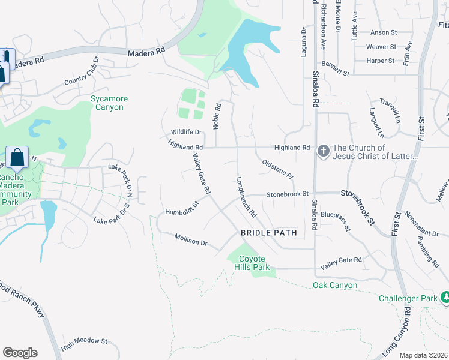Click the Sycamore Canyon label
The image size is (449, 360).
[x=107, y=103]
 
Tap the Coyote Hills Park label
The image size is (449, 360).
[x=252, y=263]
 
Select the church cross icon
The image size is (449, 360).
[x=323, y=151]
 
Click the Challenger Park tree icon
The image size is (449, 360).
[x=445, y=297]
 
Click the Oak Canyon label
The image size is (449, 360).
[x=335, y=285]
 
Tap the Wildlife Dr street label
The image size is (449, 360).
[x=185, y=131]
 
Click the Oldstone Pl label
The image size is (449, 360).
[x=277, y=169]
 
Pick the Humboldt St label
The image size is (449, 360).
[x=182, y=208]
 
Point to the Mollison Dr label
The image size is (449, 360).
[x=191, y=240]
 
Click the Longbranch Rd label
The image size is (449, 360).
[x=246, y=196]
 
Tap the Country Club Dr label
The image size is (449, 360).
[x=81, y=72]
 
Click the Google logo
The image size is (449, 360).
[x=20, y=353]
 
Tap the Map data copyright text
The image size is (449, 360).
[x=424, y=355]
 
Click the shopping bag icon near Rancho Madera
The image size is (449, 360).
[x=17, y=157]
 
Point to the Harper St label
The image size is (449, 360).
[x=380, y=61]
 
